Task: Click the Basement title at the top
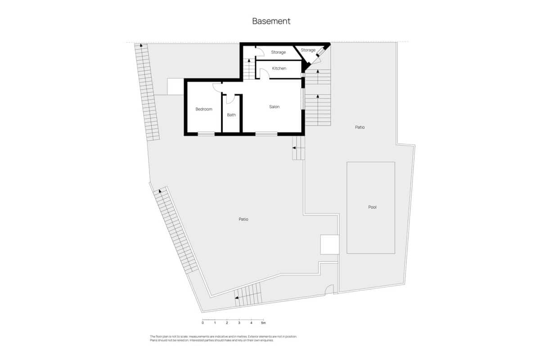tap(271, 21)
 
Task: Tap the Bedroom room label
tap(204, 109)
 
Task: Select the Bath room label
tap(231, 115)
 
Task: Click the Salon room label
tap(274, 107)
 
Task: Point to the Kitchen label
tap(279, 68)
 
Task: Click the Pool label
tap(372, 207)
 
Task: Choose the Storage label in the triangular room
tap(308, 50)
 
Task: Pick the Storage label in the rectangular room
tap(278, 53)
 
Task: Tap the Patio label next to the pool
tap(360, 127)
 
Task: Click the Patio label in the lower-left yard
tap(243, 219)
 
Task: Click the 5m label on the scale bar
tap(263, 323)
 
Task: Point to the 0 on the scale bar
tap(202, 323)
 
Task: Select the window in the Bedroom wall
tap(206, 133)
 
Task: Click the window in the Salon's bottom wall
tap(266, 133)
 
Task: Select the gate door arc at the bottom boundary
tap(329, 289)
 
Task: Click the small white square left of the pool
tap(329, 244)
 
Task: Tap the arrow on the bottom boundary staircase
tap(237, 297)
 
